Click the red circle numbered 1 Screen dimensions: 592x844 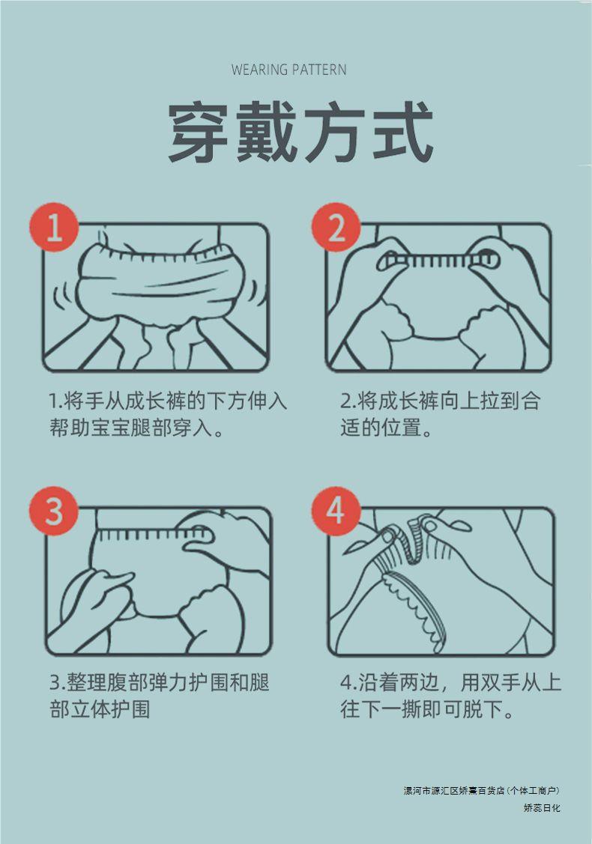pos(54,227)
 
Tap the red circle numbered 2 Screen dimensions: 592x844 pos(336,227)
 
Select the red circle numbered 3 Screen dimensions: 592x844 pos(54,511)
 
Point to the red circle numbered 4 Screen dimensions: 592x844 pos(336,511)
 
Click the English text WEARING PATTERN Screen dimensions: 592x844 pos(289,70)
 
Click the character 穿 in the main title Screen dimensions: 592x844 pos(199,132)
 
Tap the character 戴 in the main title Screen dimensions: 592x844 pos(267,132)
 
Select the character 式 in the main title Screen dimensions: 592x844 pos(403,132)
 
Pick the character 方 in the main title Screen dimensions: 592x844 pos(335,132)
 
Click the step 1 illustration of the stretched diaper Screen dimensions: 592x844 pos(156,297)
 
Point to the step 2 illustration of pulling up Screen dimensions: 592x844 pos(438,297)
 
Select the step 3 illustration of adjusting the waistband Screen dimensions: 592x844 pos(158,581)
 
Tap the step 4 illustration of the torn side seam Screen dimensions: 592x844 pos(441,581)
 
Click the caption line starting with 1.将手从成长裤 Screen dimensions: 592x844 pos(168,401)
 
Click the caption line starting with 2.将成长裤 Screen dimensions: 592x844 pos(440,401)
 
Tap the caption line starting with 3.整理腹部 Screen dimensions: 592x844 pos(160,682)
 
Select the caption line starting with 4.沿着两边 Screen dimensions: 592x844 pos(451,682)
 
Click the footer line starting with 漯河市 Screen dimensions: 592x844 pos(482,791)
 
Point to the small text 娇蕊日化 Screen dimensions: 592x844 pos(542,808)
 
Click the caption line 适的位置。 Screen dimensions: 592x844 pos(386,428)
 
